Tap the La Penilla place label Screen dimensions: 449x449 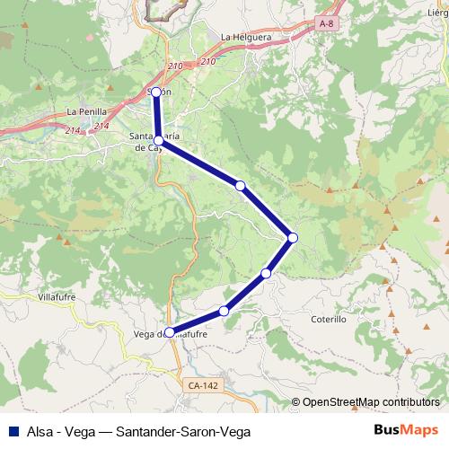(x=87, y=112)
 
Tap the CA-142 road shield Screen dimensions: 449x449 (x=202, y=385)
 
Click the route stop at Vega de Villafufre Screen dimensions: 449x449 (x=170, y=332)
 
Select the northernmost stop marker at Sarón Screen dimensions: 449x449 (x=156, y=92)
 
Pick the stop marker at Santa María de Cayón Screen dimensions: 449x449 (x=158, y=140)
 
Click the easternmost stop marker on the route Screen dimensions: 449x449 (x=293, y=237)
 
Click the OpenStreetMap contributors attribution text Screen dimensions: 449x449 (x=371, y=403)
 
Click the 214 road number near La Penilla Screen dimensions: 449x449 (x=74, y=131)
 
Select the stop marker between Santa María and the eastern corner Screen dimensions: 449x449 (x=240, y=186)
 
